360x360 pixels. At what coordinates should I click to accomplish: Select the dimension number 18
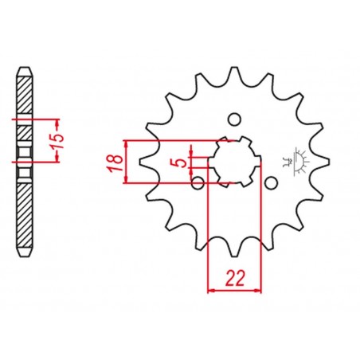[116, 162]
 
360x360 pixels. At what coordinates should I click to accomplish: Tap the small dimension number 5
[182, 162]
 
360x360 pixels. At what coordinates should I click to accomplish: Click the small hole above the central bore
[234, 120]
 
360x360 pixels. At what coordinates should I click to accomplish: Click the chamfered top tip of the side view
[25, 71]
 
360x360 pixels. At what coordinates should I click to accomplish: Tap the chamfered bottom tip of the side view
[25, 264]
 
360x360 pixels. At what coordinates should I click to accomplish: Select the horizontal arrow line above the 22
[233, 291]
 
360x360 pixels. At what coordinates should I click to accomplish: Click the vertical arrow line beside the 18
[127, 162]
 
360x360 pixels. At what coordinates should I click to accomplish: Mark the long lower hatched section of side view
[25, 215]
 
